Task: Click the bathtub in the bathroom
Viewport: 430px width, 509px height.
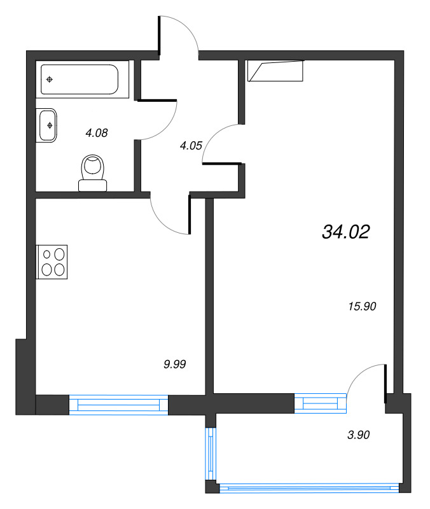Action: tap(80, 80)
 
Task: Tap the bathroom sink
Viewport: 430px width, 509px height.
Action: tap(48, 125)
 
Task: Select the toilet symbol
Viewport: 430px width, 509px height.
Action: tap(93, 173)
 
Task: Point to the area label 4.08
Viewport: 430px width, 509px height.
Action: tap(97, 133)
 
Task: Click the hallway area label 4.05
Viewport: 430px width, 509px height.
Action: tap(191, 145)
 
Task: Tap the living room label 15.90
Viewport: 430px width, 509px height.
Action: tap(364, 306)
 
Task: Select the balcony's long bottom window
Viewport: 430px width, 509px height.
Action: tap(309, 489)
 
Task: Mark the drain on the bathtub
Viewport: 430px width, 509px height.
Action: tap(50, 80)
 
